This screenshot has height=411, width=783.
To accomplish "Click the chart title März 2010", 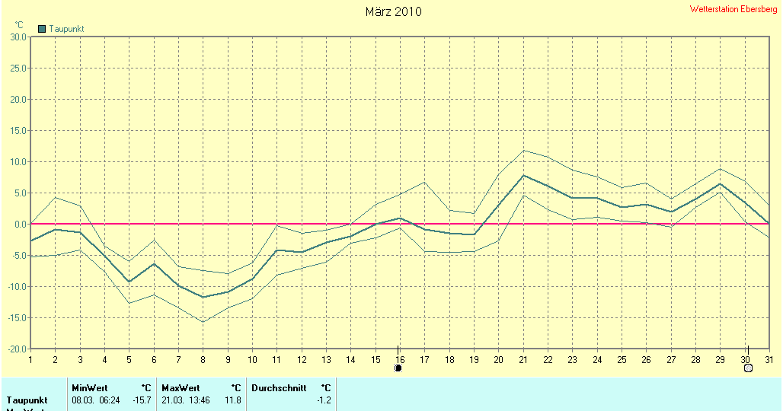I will [393, 11].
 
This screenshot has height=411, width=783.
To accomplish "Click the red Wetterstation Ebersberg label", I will [733, 9].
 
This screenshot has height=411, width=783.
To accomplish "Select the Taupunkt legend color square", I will [42, 29].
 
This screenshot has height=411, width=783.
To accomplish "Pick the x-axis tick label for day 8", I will [203, 359].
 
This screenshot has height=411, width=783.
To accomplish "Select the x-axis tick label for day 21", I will [523, 359].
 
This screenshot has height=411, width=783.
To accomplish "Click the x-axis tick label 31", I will [769, 359].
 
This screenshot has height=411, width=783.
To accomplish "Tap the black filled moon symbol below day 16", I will [398, 368].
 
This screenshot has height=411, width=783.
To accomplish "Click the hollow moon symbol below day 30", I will [747, 368].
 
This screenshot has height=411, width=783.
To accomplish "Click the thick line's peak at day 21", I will [523, 175].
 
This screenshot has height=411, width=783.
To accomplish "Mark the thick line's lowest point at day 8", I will [203, 297].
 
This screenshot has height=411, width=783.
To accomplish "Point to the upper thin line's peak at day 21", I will [523, 150].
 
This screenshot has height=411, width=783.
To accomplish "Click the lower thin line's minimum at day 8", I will [203, 322].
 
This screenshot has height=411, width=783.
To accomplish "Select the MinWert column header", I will [90, 388].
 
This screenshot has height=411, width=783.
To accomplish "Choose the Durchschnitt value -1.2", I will [323, 400].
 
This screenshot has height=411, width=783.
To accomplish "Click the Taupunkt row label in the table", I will [27, 400].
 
